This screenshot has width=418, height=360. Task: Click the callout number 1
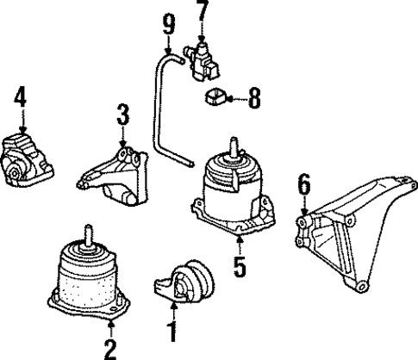172,331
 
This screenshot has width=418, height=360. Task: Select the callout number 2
110,348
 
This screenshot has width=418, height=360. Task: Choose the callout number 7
202,11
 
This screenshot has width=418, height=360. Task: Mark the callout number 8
253,101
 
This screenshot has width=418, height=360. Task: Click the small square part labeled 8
216,98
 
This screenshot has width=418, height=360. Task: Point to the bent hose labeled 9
160,112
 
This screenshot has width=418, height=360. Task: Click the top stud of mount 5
231,146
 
